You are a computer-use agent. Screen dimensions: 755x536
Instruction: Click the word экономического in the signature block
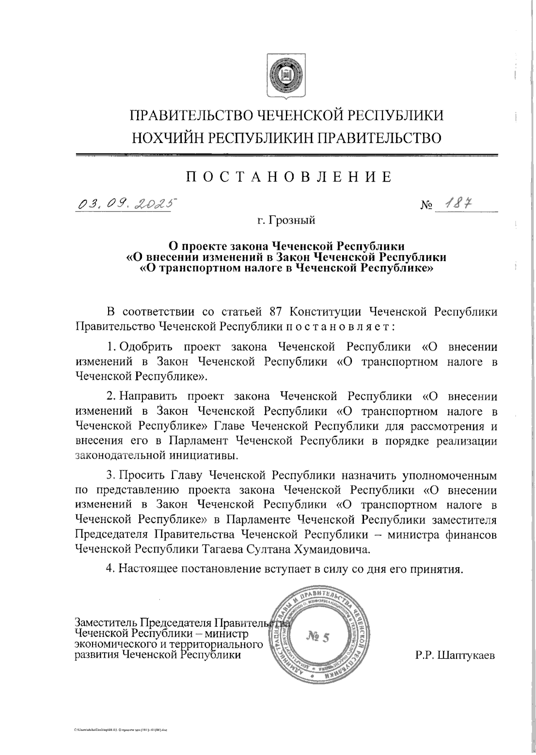click(115, 645)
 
